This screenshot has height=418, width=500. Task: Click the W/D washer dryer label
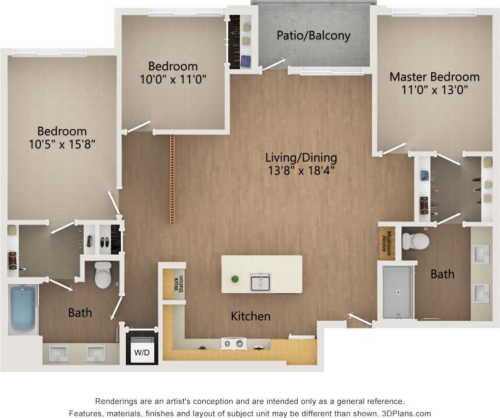pos(141,352)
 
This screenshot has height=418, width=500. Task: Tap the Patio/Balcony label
pos(313,35)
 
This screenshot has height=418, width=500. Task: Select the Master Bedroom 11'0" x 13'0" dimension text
pos(434,89)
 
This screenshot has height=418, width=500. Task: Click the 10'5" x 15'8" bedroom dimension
pos(62,144)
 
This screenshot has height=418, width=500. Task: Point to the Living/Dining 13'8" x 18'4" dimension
pos(301,171)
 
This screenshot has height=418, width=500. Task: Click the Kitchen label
pos(250,316)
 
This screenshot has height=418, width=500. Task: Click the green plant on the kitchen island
pos(235,279)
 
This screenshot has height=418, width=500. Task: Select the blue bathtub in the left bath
pos(23,310)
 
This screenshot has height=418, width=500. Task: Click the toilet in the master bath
pos(415,241)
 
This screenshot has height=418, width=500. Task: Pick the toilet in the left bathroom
pos(104,275)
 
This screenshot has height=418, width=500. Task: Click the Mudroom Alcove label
pos(389,243)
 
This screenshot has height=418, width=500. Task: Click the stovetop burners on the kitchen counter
pos(233,343)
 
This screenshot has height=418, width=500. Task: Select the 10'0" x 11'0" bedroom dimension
pos(173,79)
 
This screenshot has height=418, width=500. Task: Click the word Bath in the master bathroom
pos(443,274)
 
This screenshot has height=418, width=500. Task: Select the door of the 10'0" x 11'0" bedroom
pos(138,126)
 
